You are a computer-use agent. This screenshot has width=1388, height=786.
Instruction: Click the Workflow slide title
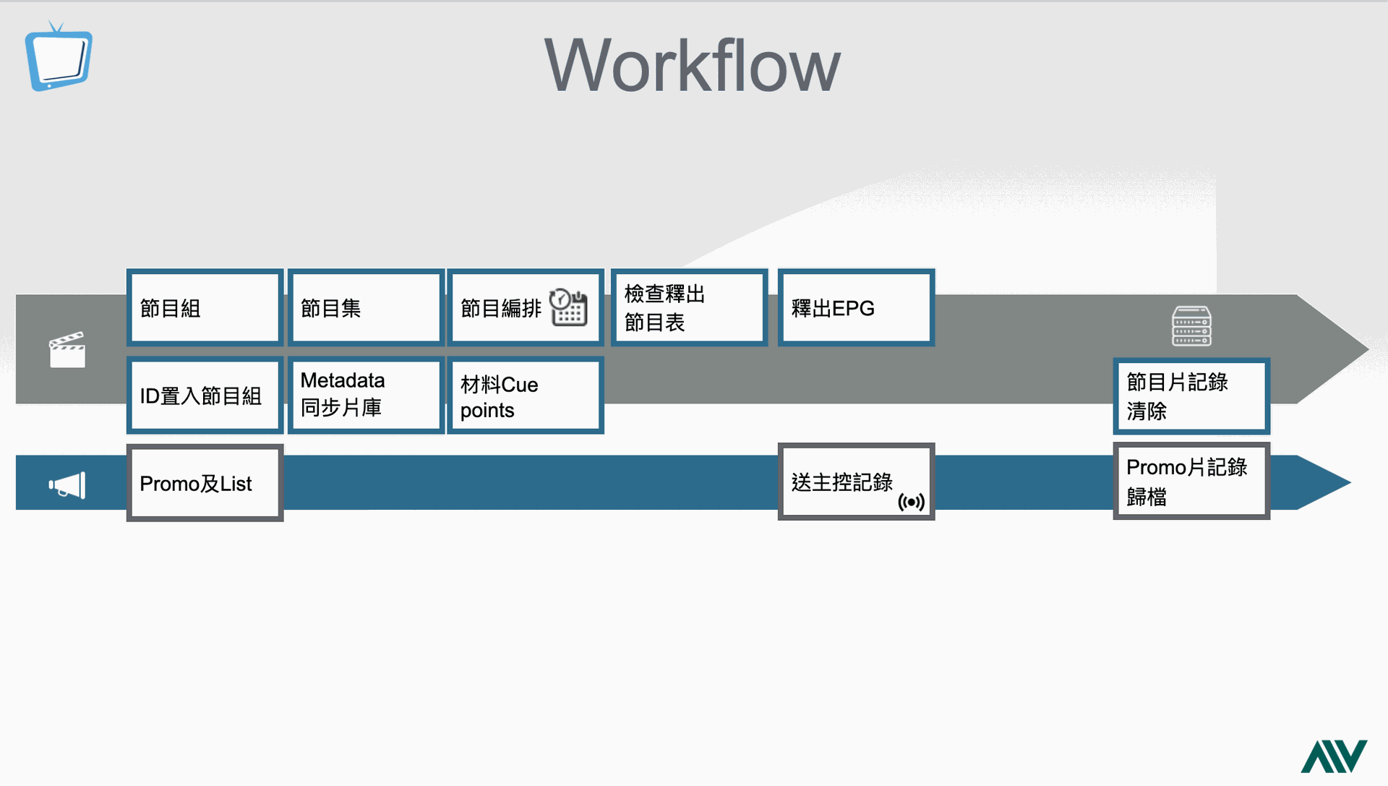pyautogui.click(x=692, y=66)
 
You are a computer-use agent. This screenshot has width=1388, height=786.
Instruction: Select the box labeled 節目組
pyautogui.click(x=205, y=307)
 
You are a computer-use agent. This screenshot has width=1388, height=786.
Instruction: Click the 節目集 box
pyautogui.click(x=366, y=307)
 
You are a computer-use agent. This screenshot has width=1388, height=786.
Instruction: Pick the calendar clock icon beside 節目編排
pyautogui.click(x=568, y=307)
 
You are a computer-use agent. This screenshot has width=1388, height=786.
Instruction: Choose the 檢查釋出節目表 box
pyautogui.click(x=689, y=307)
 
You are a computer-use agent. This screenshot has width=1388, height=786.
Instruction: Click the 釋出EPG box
pyautogui.click(x=856, y=307)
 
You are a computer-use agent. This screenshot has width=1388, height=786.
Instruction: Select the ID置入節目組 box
pyautogui.click(x=205, y=396)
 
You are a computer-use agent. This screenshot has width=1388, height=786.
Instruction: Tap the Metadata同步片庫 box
pyautogui.click(x=366, y=396)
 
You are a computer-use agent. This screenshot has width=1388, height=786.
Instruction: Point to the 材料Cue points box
pyautogui.click(x=526, y=396)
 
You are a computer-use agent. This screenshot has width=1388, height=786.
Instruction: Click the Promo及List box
pyautogui.click(x=205, y=482)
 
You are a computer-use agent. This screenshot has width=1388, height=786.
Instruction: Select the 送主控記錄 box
pyautogui.click(x=856, y=482)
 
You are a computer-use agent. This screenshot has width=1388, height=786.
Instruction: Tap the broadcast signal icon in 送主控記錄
pyautogui.click(x=911, y=502)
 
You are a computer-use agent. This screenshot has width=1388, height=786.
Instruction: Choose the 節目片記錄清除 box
pyautogui.click(x=1191, y=396)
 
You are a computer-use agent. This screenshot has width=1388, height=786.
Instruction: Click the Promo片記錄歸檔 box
pyautogui.click(x=1191, y=481)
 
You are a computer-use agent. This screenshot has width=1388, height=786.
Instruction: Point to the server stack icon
pyautogui.click(x=1191, y=326)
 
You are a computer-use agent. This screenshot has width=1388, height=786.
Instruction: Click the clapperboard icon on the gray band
pyautogui.click(x=67, y=349)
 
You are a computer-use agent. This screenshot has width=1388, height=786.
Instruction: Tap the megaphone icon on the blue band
pyautogui.click(x=67, y=485)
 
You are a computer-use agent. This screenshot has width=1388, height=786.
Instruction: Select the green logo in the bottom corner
pyautogui.click(x=1334, y=756)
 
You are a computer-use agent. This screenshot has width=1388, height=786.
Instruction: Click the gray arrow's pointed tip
pyautogui.click(x=1368, y=349)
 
